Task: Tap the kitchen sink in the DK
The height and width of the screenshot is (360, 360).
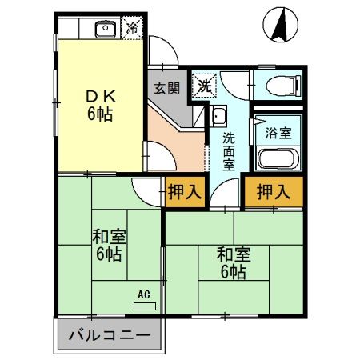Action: (x=105, y=30)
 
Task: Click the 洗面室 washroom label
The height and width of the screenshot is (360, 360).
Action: (x=229, y=147)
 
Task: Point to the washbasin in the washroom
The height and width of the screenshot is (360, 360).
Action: (x=219, y=114)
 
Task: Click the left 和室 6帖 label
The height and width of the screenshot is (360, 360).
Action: (x=109, y=245)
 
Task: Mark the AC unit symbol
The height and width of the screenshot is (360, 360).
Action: (x=144, y=305)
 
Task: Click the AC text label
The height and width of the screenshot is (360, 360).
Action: (x=144, y=294)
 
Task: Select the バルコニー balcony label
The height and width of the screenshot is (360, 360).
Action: (x=108, y=334)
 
